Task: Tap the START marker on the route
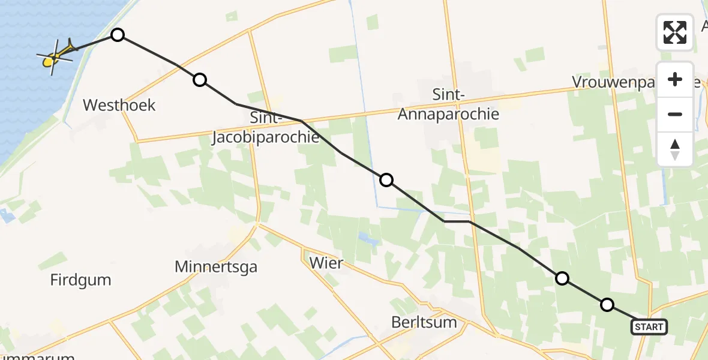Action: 649,327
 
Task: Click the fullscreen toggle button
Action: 675,32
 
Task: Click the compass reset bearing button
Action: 675,149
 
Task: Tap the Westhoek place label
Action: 119,106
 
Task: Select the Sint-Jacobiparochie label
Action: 265,128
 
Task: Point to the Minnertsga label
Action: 216,267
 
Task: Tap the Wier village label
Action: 326,262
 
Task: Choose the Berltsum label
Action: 424,322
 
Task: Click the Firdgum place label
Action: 81,280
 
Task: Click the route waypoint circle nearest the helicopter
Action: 118,35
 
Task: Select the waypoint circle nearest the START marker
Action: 607,305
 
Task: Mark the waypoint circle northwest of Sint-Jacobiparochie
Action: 200,79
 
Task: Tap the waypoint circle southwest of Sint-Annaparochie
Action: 386,179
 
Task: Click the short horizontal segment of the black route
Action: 457,221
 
